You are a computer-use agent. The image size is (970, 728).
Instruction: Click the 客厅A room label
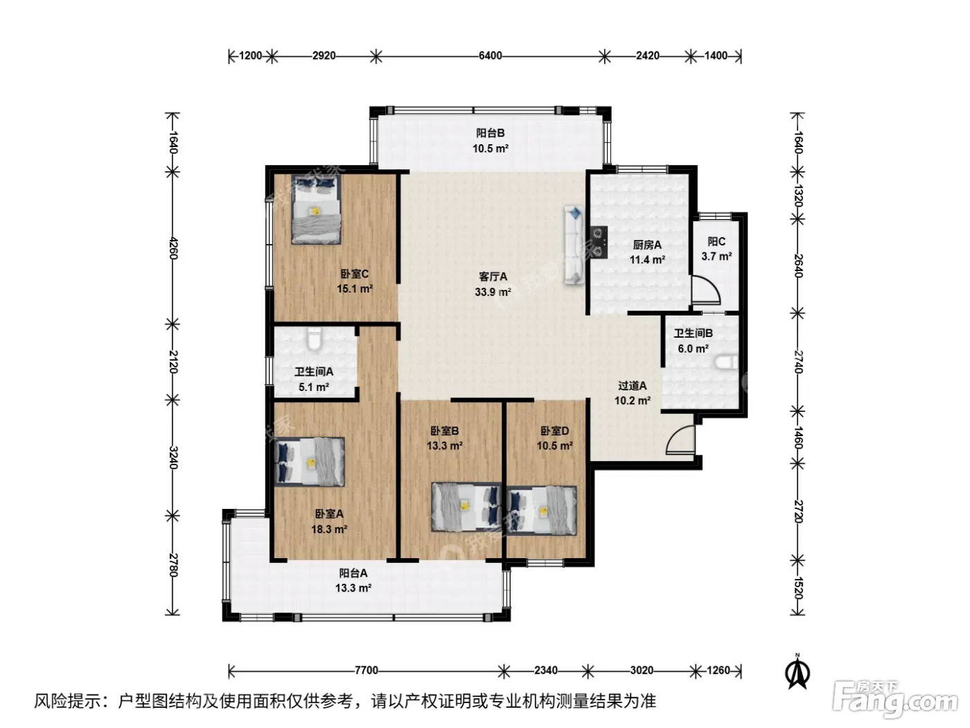pyautogui.click(x=493, y=277)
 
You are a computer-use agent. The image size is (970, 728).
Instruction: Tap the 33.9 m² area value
pyautogui.click(x=493, y=292)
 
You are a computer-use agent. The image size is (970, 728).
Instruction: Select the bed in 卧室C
pyautogui.click(x=316, y=209)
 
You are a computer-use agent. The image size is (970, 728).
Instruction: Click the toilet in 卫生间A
pyautogui.click(x=315, y=338)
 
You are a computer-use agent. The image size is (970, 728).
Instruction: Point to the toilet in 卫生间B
pyautogui.click(x=726, y=363)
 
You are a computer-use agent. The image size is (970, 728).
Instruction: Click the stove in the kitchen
pyautogui.click(x=599, y=242)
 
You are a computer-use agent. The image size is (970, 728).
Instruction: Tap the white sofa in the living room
pyautogui.click(x=574, y=245)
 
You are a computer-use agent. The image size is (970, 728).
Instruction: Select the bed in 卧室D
pyautogui.click(x=542, y=511)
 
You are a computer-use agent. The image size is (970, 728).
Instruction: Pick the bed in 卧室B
pyautogui.click(x=466, y=507)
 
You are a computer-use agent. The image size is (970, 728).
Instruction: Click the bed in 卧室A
pyautogui.click(x=309, y=462)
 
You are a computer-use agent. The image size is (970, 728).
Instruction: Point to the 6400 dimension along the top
pyautogui.click(x=490, y=55)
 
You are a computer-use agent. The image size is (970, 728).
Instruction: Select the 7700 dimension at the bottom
pyautogui.click(x=367, y=670)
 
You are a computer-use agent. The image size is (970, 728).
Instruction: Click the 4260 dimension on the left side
pyautogui.click(x=173, y=248)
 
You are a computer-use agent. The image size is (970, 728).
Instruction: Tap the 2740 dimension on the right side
pyautogui.click(x=797, y=362)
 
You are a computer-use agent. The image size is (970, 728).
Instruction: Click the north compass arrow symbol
pyautogui.click(x=797, y=673)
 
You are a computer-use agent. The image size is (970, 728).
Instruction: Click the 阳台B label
pyautogui.click(x=490, y=133)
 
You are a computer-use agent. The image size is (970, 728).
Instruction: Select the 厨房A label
pyautogui.click(x=647, y=245)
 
